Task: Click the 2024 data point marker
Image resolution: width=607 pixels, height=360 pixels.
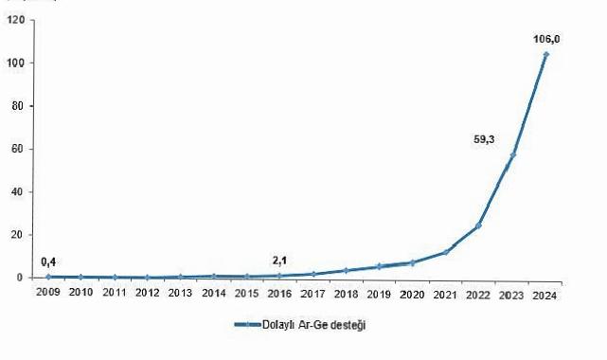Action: click(x=545, y=55)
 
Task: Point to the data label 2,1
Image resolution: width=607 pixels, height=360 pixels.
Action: click(x=280, y=261)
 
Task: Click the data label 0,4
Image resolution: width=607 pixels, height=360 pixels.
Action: click(x=48, y=261)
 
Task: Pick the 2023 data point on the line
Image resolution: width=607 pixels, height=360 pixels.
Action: click(x=512, y=154)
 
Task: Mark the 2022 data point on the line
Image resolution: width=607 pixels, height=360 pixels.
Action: click(x=479, y=225)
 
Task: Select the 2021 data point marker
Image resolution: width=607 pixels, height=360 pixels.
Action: click(x=445, y=252)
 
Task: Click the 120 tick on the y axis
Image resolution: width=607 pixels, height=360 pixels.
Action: click(x=15, y=20)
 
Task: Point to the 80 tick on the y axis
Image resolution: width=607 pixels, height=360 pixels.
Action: click(x=18, y=106)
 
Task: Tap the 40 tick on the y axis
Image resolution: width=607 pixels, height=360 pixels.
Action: click(x=18, y=192)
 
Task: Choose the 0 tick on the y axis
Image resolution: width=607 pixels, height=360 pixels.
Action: click(x=21, y=278)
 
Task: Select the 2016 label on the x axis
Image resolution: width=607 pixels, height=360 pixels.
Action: click(x=279, y=293)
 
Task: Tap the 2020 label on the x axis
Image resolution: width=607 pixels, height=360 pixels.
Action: click(x=412, y=293)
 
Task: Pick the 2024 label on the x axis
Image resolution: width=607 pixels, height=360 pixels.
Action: click(x=545, y=293)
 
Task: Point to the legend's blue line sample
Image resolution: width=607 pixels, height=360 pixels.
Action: click(x=248, y=325)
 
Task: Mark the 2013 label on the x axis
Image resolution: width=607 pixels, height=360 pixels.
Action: click(x=180, y=293)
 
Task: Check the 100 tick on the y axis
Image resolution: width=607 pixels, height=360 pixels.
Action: click(x=15, y=63)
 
